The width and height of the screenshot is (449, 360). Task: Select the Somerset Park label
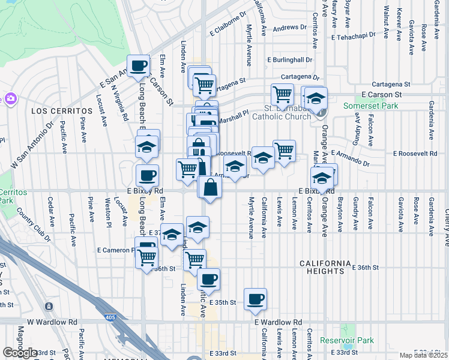pyautogui.click(x=370, y=106)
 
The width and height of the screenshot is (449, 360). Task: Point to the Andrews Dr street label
pyautogui.click(x=289, y=28)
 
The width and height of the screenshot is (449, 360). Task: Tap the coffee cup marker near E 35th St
pyautogui.click(x=255, y=299)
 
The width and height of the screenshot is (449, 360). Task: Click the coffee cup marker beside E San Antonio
pyautogui.click(x=138, y=65)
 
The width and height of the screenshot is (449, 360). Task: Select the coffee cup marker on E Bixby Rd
pyautogui.click(x=147, y=176)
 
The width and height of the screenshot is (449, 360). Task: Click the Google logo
pyautogui.click(x=20, y=353)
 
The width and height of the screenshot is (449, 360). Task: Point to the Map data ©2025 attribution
pyautogui.click(x=424, y=355)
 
